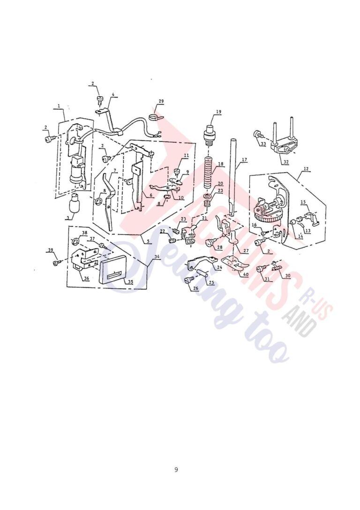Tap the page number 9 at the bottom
[176, 470]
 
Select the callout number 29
[161, 101]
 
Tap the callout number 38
[84, 233]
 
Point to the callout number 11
[186, 155]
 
